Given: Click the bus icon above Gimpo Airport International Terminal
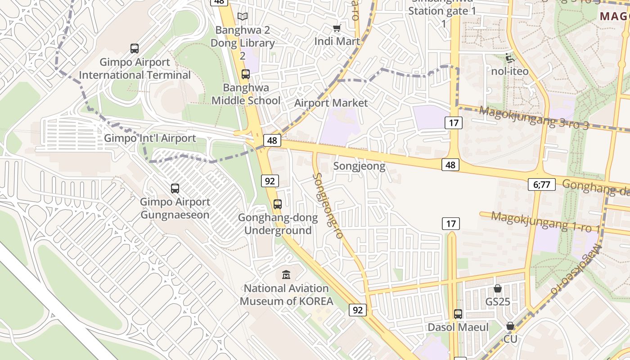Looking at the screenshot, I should (134, 49).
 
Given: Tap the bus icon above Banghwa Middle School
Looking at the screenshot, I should (246, 74).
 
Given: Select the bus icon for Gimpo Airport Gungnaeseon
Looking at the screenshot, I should (175, 189).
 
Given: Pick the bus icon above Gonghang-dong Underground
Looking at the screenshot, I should (278, 204).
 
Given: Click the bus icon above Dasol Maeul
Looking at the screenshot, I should (458, 314).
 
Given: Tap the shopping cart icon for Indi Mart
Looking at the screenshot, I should (337, 28).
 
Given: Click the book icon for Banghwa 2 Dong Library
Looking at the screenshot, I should (243, 17).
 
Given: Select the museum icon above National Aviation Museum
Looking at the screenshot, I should (286, 274).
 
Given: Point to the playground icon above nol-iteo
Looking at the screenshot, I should (509, 58).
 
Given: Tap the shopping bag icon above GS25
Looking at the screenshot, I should (498, 288).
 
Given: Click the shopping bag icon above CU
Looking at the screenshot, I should (510, 326).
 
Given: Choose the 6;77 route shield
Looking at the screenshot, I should (542, 184).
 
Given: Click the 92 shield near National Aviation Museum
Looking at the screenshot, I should (358, 310).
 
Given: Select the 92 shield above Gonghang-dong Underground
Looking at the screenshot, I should (270, 181).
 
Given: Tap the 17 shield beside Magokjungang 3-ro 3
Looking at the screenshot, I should (454, 122).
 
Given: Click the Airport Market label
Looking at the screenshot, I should (331, 103).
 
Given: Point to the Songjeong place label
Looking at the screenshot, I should (359, 166).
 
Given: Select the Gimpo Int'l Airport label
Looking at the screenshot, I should (150, 138).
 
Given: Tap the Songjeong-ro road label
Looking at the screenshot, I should (328, 205).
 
